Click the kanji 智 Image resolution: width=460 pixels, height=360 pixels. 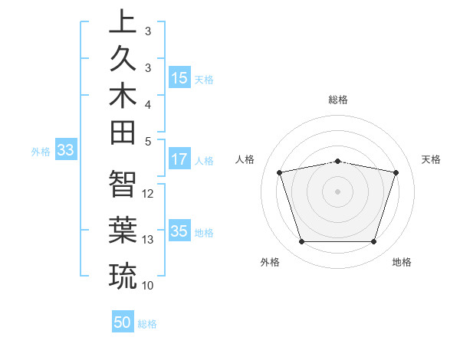click(x=123, y=183)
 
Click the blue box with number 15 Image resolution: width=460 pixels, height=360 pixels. click(x=179, y=78)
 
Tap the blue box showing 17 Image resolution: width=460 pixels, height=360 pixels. click(x=179, y=159)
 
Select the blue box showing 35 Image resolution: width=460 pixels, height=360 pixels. click(x=179, y=231)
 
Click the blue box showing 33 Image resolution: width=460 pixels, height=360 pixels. click(x=65, y=151)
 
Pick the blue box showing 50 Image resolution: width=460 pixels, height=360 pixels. click(x=123, y=322)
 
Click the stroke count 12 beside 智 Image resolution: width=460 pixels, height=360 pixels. click(x=148, y=194)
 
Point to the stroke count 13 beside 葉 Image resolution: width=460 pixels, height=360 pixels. click(x=148, y=240)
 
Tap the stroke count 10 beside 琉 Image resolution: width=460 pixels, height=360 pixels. click(x=148, y=286)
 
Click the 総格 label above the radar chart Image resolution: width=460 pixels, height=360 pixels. click(x=338, y=100)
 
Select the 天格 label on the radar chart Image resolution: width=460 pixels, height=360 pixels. click(x=432, y=159)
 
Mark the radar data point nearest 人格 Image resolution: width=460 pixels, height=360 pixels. click(x=280, y=172)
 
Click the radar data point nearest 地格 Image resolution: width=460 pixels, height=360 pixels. click(x=373, y=242)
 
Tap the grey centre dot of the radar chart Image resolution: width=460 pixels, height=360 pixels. click(x=337, y=191)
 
